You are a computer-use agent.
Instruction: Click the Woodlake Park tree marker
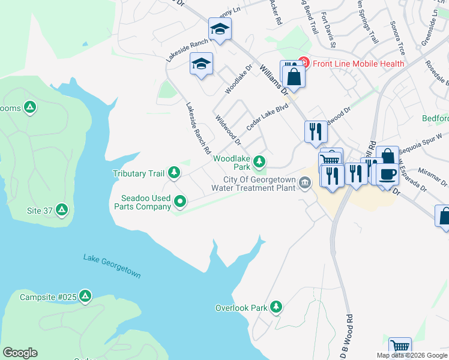point(259,161)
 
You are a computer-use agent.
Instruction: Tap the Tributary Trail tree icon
point(174,173)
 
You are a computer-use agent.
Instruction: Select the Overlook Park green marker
point(276,307)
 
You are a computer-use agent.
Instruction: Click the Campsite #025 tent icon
point(86,296)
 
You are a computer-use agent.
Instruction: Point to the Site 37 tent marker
point(62,211)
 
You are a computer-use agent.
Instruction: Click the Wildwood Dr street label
point(228,131)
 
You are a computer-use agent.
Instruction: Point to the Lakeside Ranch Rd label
point(199,125)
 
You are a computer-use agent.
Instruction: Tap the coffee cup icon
point(387,174)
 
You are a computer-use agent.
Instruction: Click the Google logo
point(20,353)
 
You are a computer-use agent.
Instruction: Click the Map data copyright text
point(412,355)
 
